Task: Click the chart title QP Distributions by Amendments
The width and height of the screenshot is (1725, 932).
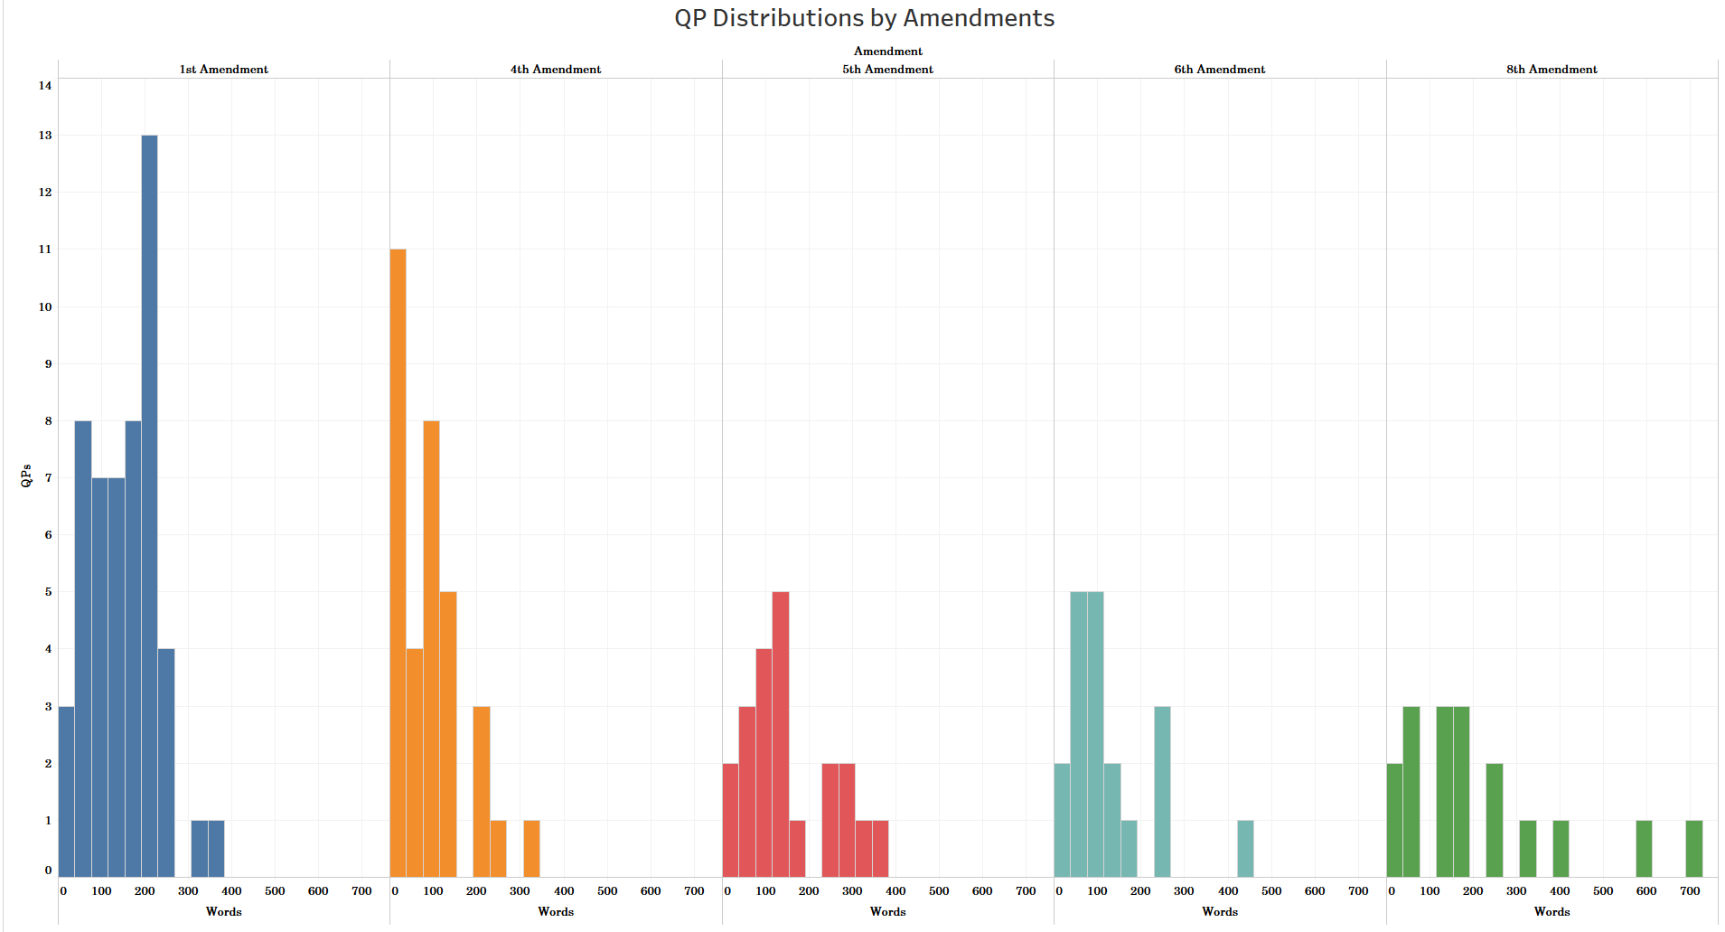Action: click(864, 18)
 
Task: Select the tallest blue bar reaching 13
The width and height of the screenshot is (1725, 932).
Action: click(149, 506)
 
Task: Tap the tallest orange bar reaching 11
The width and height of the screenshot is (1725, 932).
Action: click(398, 562)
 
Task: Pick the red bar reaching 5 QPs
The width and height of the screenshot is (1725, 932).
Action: click(781, 734)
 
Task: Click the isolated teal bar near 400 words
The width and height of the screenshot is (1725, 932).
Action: click(1245, 849)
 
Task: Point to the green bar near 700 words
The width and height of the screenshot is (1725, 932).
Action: click(1693, 849)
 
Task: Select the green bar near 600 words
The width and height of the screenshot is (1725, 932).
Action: click(1644, 849)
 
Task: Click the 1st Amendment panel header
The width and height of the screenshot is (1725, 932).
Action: click(223, 70)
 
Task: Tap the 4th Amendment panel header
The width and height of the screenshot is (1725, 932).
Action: click(556, 70)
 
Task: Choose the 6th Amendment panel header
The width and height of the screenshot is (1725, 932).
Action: click(1219, 70)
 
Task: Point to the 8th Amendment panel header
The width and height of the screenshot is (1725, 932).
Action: click(1552, 70)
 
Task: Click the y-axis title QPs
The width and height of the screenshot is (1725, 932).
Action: click(26, 476)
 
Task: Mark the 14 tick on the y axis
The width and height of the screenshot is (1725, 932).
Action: click(45, 86)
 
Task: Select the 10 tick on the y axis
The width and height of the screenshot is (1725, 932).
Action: click(45, 307)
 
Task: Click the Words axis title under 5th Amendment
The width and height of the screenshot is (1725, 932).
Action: click(887, 911)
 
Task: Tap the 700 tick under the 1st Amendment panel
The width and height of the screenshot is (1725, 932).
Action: click(361, 891)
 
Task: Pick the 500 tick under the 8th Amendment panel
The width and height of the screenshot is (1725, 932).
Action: click(1603, 891)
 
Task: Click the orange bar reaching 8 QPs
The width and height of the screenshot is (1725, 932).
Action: click(431, 648)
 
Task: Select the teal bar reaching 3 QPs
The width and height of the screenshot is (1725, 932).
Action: click(1162, 792)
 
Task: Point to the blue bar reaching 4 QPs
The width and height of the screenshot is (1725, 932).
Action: click(166, 763)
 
